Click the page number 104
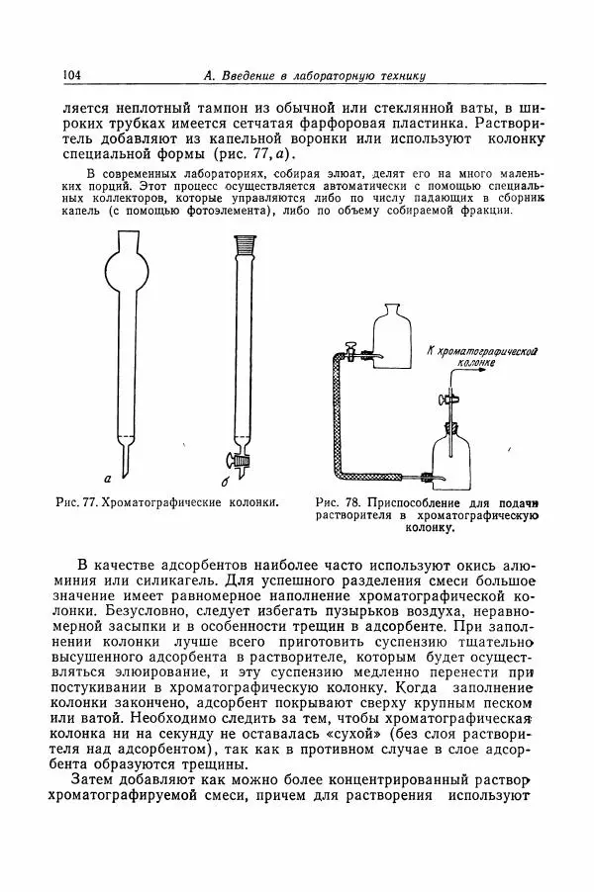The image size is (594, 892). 71,76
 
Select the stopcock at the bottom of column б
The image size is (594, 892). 244,459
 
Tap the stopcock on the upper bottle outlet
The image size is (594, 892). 351,352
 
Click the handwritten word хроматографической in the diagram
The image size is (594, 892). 485,351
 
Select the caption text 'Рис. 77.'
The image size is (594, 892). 79,502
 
